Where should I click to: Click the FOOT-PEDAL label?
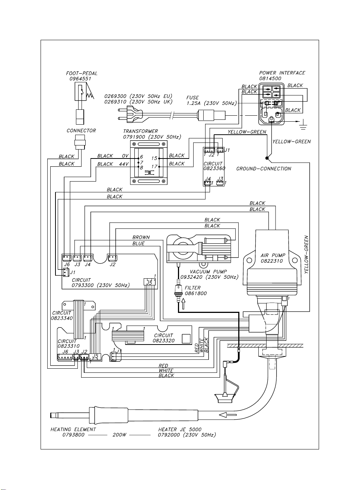pos(82,73)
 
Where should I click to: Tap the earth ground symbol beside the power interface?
pos(303,126)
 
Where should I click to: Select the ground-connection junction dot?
pos(267,158)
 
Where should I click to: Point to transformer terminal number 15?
pos(154,158)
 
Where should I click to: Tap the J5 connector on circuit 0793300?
pos(149,282)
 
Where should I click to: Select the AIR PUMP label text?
pos(273,255)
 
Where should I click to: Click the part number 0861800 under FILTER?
pos(196,293)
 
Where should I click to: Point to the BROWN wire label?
pos(141,237)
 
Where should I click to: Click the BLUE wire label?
pos(138,243)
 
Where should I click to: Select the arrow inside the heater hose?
pos(228,414)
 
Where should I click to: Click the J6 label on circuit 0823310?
pos(65,352)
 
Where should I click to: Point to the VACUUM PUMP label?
pos(208,272)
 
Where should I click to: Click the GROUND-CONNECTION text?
pos(264,169)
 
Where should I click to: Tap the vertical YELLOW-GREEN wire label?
pos(306,254)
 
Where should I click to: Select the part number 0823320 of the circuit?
pos(163,340)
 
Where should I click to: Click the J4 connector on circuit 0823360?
pos(208,183)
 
